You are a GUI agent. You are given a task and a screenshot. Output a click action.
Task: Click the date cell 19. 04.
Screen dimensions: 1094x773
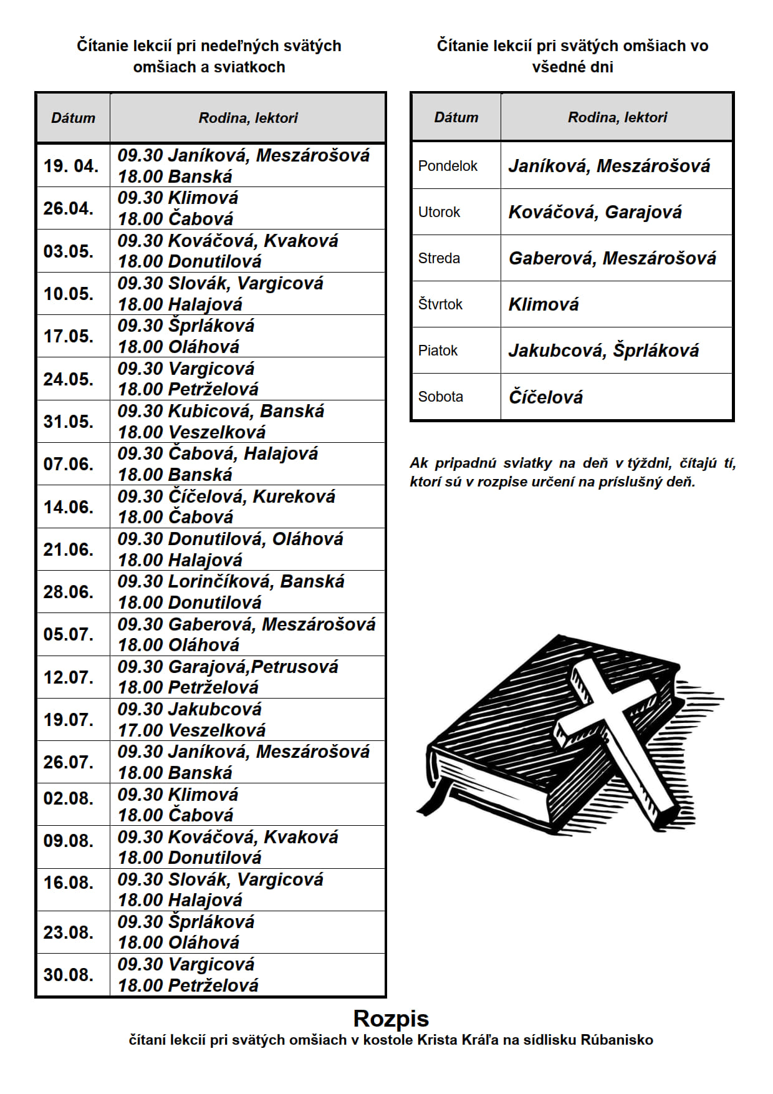pos(71,166)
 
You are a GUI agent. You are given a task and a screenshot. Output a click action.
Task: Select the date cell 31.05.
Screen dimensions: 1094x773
pos(69,422)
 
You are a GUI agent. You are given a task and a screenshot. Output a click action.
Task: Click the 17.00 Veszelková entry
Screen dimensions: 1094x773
pos(191,730)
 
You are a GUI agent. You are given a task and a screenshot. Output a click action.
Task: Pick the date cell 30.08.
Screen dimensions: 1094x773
pos(69,974)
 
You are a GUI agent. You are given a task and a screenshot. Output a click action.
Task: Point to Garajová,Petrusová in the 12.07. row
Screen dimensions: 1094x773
pos(253,667)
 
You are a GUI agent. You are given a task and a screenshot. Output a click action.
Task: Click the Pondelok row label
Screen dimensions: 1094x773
pos(448,166)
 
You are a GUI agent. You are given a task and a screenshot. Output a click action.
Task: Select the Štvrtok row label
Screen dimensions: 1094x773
pos(440,304)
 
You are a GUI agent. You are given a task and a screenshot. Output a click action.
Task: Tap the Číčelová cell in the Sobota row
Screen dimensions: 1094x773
pos(545,397)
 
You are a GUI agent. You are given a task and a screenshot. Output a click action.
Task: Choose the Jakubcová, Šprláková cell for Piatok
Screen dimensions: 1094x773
pos(603,351)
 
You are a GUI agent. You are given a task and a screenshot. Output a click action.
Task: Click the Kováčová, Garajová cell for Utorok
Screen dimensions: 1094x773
pos(595,212)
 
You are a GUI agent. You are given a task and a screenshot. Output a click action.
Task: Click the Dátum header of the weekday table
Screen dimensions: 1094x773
pos(456,117)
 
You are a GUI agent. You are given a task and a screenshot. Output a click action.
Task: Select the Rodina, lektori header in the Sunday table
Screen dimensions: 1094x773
pos(248,118)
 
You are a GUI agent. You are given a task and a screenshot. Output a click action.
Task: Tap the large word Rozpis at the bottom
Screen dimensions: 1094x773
pos(391,1019)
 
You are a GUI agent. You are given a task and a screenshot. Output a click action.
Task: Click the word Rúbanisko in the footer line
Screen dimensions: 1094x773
pos(617,1040)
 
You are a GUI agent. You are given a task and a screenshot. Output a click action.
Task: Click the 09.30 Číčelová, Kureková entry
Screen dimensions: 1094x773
pos(226,496)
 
